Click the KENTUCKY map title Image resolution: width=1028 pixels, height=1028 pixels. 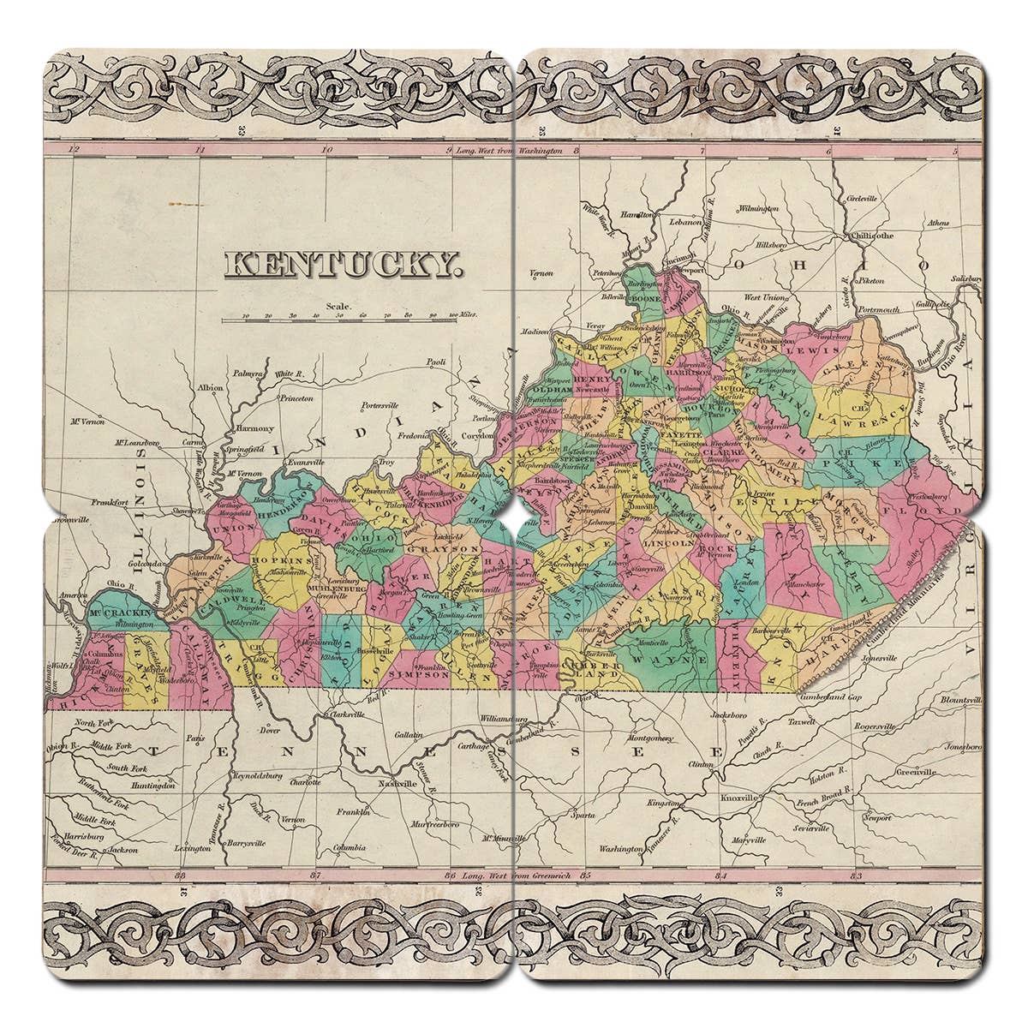click(x=341, y=266)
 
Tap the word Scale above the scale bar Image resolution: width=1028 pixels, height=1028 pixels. click(x=338, y=305)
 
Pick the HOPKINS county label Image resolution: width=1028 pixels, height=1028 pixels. click(x=280, y=559)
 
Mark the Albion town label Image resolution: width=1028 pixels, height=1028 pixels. click(x=210, y=387)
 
